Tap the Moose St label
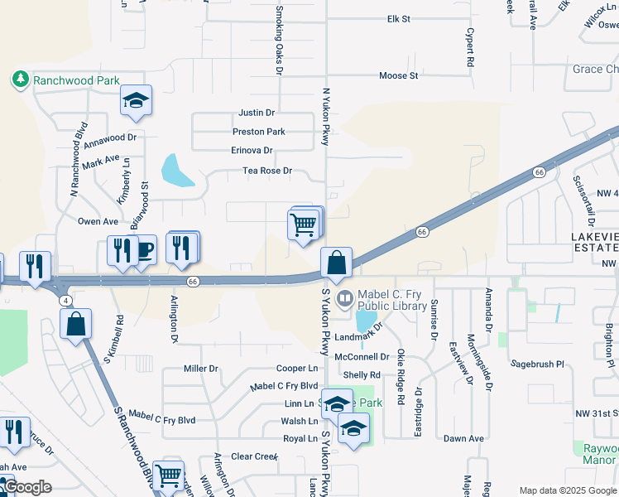[398, 76]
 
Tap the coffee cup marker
[145, 250]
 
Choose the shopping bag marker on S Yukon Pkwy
[337, 263]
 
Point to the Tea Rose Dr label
[267, 171]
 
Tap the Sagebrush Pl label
[536, 364]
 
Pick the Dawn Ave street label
[463, 438]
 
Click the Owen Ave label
[98, 222]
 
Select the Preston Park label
[258, 132]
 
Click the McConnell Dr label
[362, 357]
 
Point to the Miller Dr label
[201, 369]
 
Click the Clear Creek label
[254, 456]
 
